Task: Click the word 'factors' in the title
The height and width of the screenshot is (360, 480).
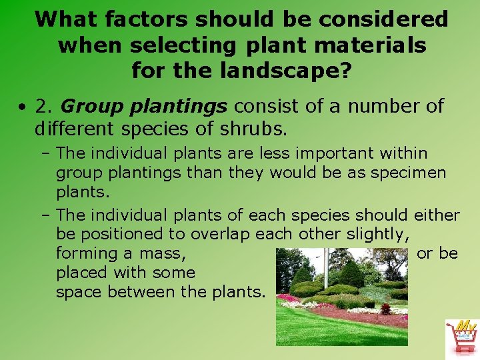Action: [147, 19]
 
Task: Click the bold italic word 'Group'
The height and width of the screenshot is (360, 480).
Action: [88, 106]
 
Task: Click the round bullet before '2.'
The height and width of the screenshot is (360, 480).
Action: [23, 107]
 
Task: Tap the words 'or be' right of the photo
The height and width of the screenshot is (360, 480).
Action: [437, 253]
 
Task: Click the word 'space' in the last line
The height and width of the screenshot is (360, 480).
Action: [79, 292]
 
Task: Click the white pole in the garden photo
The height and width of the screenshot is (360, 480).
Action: [325, 267]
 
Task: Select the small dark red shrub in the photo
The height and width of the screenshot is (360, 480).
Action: [385, 309]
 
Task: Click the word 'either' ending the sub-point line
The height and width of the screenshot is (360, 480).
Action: [437, 215]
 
